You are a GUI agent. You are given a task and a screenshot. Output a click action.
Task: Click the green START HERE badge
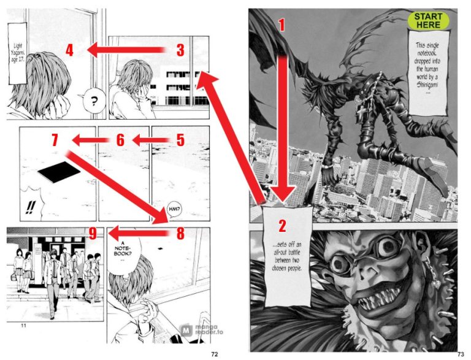point(428,20)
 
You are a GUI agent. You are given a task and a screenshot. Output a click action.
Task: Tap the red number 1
point(282,25)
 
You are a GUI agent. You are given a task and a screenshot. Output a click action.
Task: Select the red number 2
point(282,226)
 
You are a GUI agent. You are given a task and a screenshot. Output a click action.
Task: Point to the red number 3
point(180,50)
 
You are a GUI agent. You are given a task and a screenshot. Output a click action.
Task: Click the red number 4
point(69,50)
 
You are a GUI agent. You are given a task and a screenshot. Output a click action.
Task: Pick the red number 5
point(180,140)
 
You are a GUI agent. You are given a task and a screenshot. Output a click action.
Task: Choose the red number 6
point(120,140)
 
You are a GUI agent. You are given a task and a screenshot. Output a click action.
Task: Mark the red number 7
point(55,140)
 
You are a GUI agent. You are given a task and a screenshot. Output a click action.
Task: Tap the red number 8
point(180,233)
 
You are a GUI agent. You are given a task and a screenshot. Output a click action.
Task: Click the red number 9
point(92,233)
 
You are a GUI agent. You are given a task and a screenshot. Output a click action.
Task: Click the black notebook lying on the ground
point(58,174)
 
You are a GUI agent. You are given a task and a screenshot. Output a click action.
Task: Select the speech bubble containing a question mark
point(94,101)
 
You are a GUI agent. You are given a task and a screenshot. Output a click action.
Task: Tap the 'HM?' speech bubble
point(171,209)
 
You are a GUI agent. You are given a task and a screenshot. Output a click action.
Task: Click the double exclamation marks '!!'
point(29,207)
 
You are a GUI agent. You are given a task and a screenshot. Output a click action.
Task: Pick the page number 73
point(461,354)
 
